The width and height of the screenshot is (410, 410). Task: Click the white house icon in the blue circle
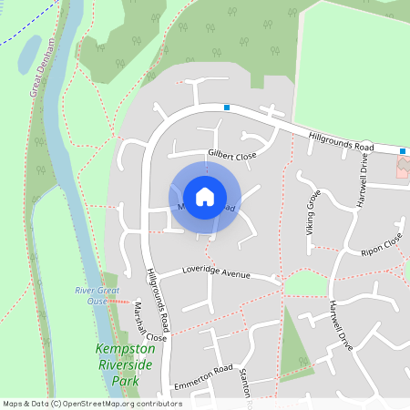tap(205, 197)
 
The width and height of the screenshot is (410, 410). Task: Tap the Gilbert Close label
tap(232, 156)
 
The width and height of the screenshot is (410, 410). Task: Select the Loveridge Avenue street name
tap(215, 272)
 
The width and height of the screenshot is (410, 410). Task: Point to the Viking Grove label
tap(313, 210)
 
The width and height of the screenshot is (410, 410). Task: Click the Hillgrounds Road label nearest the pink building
tap(342, 140)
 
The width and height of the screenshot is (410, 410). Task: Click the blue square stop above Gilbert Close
tap(226, 108)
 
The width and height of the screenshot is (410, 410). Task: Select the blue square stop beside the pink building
tap(402, 151)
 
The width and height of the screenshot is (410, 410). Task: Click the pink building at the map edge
tap(403, 167)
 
